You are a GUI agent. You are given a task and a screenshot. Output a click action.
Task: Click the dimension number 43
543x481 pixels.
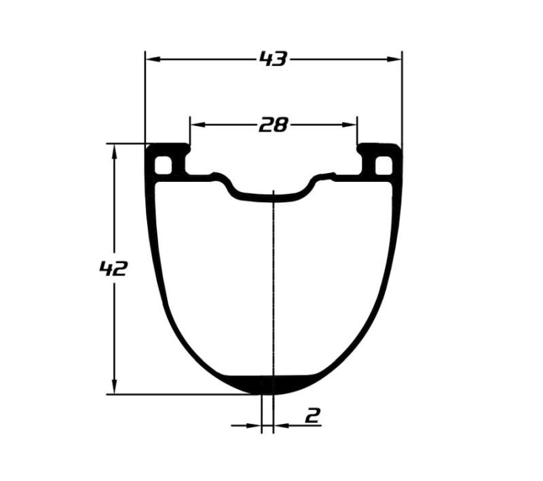[x=274, y=59]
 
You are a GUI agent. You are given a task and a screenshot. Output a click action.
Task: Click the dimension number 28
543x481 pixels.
[x=274, y=125]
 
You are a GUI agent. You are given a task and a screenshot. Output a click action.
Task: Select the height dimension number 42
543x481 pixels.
[x=113, y=268]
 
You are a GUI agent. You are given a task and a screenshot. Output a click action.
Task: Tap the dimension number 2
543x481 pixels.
[x=313, y=415]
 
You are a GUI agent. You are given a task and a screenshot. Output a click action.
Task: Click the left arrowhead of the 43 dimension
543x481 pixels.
[x=153, y=60]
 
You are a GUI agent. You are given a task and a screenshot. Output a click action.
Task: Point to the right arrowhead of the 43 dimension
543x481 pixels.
[x=394, y=60]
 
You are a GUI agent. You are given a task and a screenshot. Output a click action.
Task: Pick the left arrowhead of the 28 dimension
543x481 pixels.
[x=198, y=125]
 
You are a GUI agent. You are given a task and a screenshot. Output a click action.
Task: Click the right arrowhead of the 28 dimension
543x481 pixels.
[x=349, y=125]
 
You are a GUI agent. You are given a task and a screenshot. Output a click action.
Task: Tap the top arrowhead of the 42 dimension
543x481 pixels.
[x=114, y=151]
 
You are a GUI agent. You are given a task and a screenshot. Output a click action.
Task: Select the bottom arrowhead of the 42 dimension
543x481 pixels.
[x=114, y=386]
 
